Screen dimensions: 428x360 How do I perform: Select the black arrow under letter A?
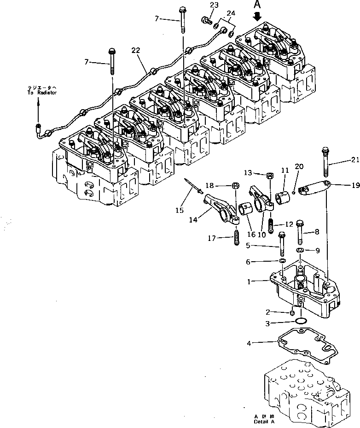coord(257,17)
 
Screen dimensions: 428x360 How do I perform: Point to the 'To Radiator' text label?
coord(41,93)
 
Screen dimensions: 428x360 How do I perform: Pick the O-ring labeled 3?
coord(301,321)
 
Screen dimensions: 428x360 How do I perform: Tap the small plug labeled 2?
coord(292,313)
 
